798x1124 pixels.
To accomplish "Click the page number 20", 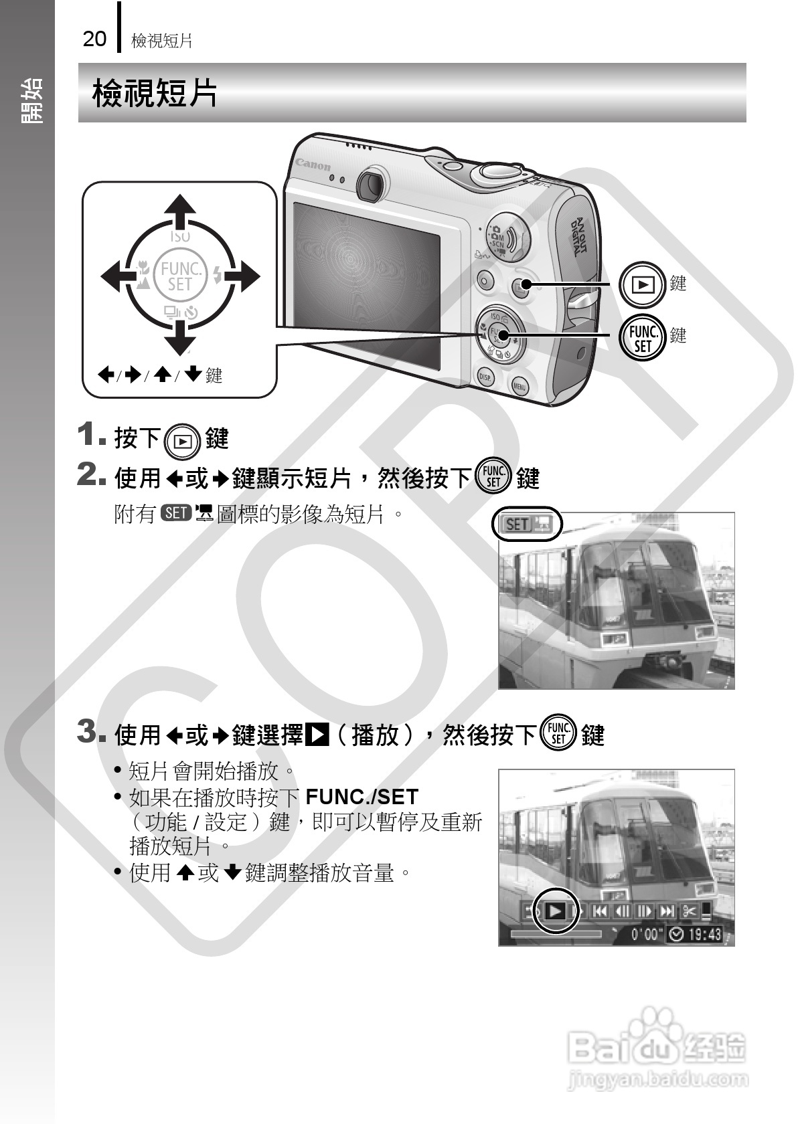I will tap(94, 39).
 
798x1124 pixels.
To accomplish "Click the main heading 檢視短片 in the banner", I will tap(155, 92).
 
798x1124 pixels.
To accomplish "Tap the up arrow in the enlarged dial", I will tap(179, 213).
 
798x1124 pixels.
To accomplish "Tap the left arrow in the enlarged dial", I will tap(117, 276).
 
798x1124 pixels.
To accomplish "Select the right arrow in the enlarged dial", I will tap(244, 276).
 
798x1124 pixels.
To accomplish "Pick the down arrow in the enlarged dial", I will tap(179, 337).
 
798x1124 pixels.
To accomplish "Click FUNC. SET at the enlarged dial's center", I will tap(179, 276).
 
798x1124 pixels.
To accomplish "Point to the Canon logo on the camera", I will tap(313, 164).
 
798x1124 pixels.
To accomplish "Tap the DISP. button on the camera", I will tap(485, 377).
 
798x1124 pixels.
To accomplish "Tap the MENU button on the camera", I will tap(520, 386).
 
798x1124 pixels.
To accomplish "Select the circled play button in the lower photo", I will tap(555, 911).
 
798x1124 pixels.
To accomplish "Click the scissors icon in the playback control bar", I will tap(690, 911).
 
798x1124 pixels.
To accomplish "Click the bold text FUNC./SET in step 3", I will tap(362, 797).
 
